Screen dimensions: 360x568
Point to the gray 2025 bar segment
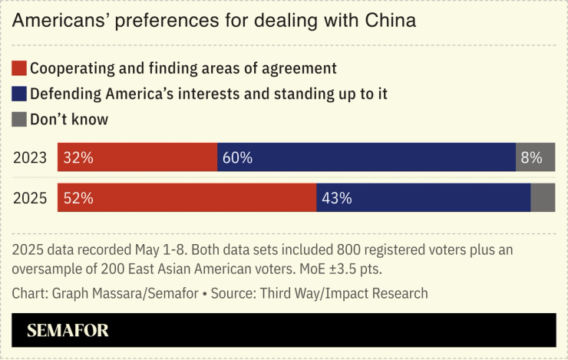543,197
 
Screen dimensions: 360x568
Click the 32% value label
78,158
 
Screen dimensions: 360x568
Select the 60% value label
237,158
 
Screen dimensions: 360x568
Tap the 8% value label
531,158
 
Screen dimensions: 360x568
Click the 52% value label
78,197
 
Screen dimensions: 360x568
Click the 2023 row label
31,158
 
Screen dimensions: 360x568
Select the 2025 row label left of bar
31,197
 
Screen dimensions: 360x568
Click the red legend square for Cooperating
19,68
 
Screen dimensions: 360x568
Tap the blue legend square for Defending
19,94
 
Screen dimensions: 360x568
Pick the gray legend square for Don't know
19,119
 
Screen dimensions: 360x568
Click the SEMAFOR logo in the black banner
68,331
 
